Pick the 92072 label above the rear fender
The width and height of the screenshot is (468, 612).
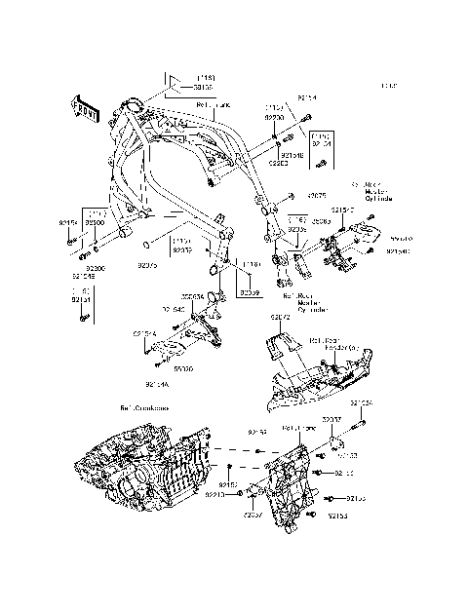[281, 318]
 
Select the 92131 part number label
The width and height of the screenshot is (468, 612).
[81, 301]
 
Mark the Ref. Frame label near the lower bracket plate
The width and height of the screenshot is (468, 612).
[297, 427]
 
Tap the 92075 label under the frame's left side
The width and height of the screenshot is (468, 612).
[146, 265]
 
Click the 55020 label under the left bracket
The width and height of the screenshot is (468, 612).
[182, 369]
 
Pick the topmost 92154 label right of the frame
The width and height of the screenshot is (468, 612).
[307, 98]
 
